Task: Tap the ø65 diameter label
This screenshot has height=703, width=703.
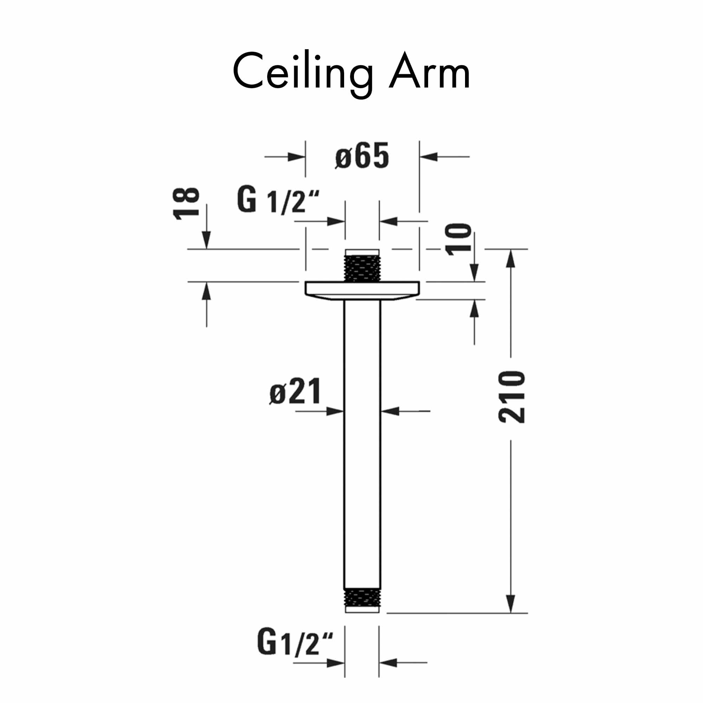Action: (362, 156)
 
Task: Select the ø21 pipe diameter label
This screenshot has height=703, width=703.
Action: (295, 392)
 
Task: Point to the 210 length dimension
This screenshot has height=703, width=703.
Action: (511, 397)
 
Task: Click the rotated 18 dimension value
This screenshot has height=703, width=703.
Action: (186, 204)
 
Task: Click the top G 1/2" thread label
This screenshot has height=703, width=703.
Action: (278, 200)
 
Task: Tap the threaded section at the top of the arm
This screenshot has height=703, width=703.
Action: (362, 268)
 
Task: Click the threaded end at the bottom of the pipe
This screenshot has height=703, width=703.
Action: (362, 598)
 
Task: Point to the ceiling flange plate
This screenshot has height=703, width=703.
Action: (362, 290)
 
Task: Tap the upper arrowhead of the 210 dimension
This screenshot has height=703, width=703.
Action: (511, 258)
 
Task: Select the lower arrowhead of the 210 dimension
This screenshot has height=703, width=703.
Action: (511, 604)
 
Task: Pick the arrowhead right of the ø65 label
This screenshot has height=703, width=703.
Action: (428, 157)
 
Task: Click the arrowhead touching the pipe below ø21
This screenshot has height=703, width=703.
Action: (335, 412)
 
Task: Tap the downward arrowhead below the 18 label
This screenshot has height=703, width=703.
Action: (206, 240)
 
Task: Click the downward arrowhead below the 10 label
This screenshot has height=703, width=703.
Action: (474, 273)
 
